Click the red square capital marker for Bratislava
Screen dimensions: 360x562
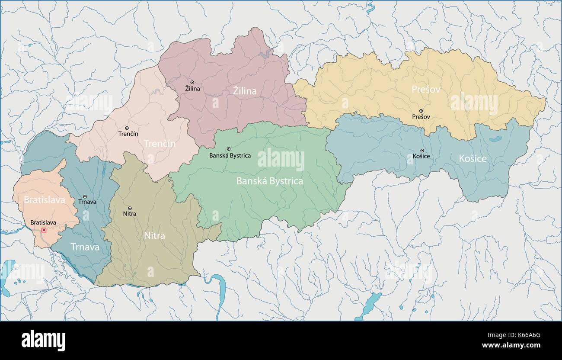click(44, 230)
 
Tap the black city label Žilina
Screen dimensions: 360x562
click(192, 89)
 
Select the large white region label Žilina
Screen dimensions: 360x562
click(245, 91)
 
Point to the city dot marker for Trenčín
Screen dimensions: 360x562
click(127, 128)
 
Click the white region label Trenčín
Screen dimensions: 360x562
click(159, 143)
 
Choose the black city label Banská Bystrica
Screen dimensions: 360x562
click(230, 156)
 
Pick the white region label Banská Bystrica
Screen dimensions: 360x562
click(269, 181)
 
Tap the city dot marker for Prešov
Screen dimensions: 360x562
click(421, 111)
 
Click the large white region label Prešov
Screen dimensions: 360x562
click(426, 90)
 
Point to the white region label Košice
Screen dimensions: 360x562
click(473, 159)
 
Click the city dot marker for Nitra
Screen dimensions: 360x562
click(130, 208)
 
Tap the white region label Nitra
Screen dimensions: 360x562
click(154, 236)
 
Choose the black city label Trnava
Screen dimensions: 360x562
click(87, 202)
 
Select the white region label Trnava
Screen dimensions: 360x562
click(85, 247)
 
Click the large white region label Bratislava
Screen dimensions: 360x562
click(44, 200)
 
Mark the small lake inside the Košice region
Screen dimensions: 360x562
click(494, 139)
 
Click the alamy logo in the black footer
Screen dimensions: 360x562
click(43, 341)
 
